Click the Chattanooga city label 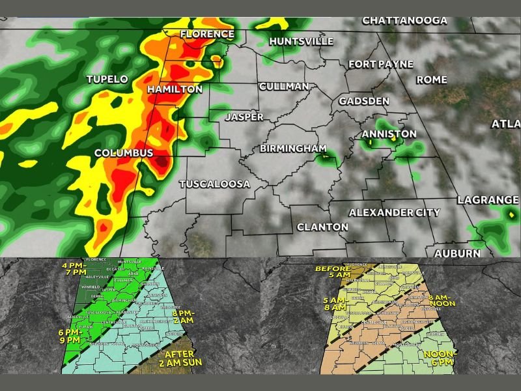point(404,20)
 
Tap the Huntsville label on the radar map point(301,41)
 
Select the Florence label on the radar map point(207,34)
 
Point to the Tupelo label point(107,79)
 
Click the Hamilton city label point(175,89)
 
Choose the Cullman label point(283,87)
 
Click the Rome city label point(432,80)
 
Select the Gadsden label point(363,102)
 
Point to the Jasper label point(244,117)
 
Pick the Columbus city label point(124,153)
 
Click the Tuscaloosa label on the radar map point(214,184)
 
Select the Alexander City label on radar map point(394,212)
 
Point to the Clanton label point(322,227)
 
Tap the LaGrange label point(487,199)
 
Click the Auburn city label point(457,253)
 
